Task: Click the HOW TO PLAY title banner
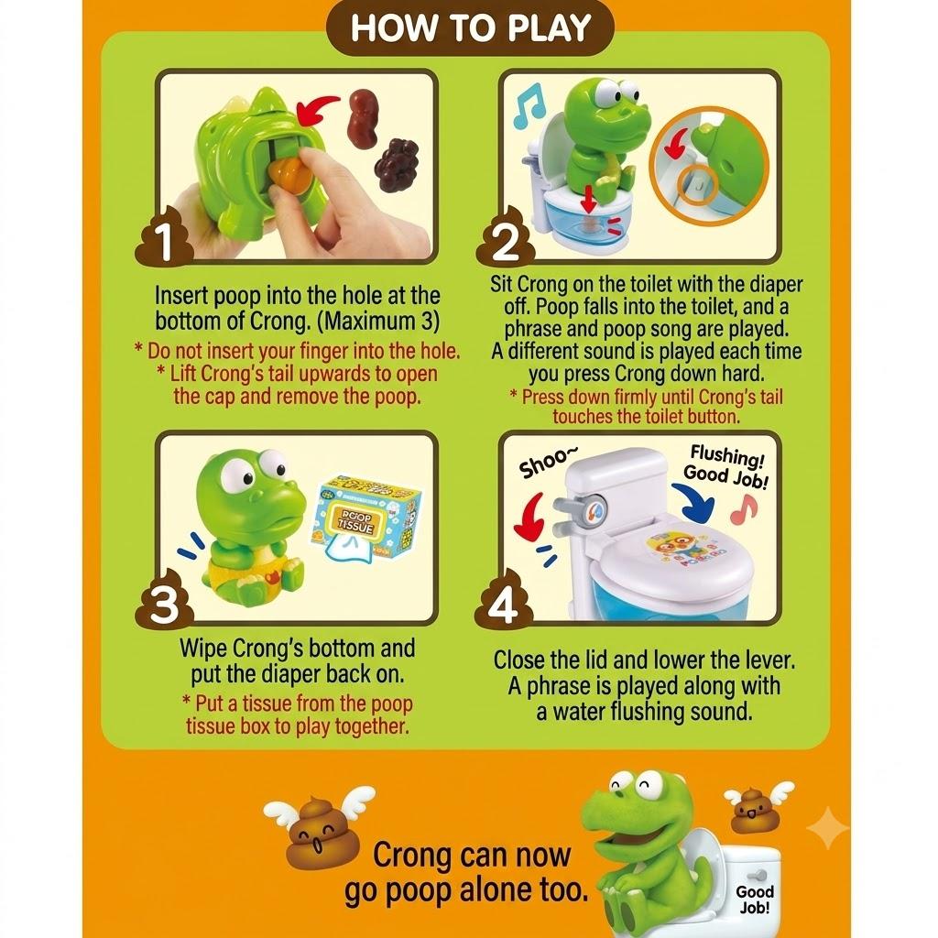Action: click(x=470, y=28)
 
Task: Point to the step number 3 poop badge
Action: click(x=166, y=600)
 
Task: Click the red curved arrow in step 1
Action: click(x=317, y=108)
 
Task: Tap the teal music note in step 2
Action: click(x=529, y=105)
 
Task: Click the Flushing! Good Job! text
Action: click(x=725, y=467)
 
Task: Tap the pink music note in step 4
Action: click(x=744, y=508)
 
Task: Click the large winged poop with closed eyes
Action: click(x=317, y=826)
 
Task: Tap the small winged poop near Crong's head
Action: click(x=752, y=809)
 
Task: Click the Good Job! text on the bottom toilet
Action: click(x=755, y=899)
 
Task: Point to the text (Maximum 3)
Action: click(x=377, y=322)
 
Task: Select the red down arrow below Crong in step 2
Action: click(x=589, y=198)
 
